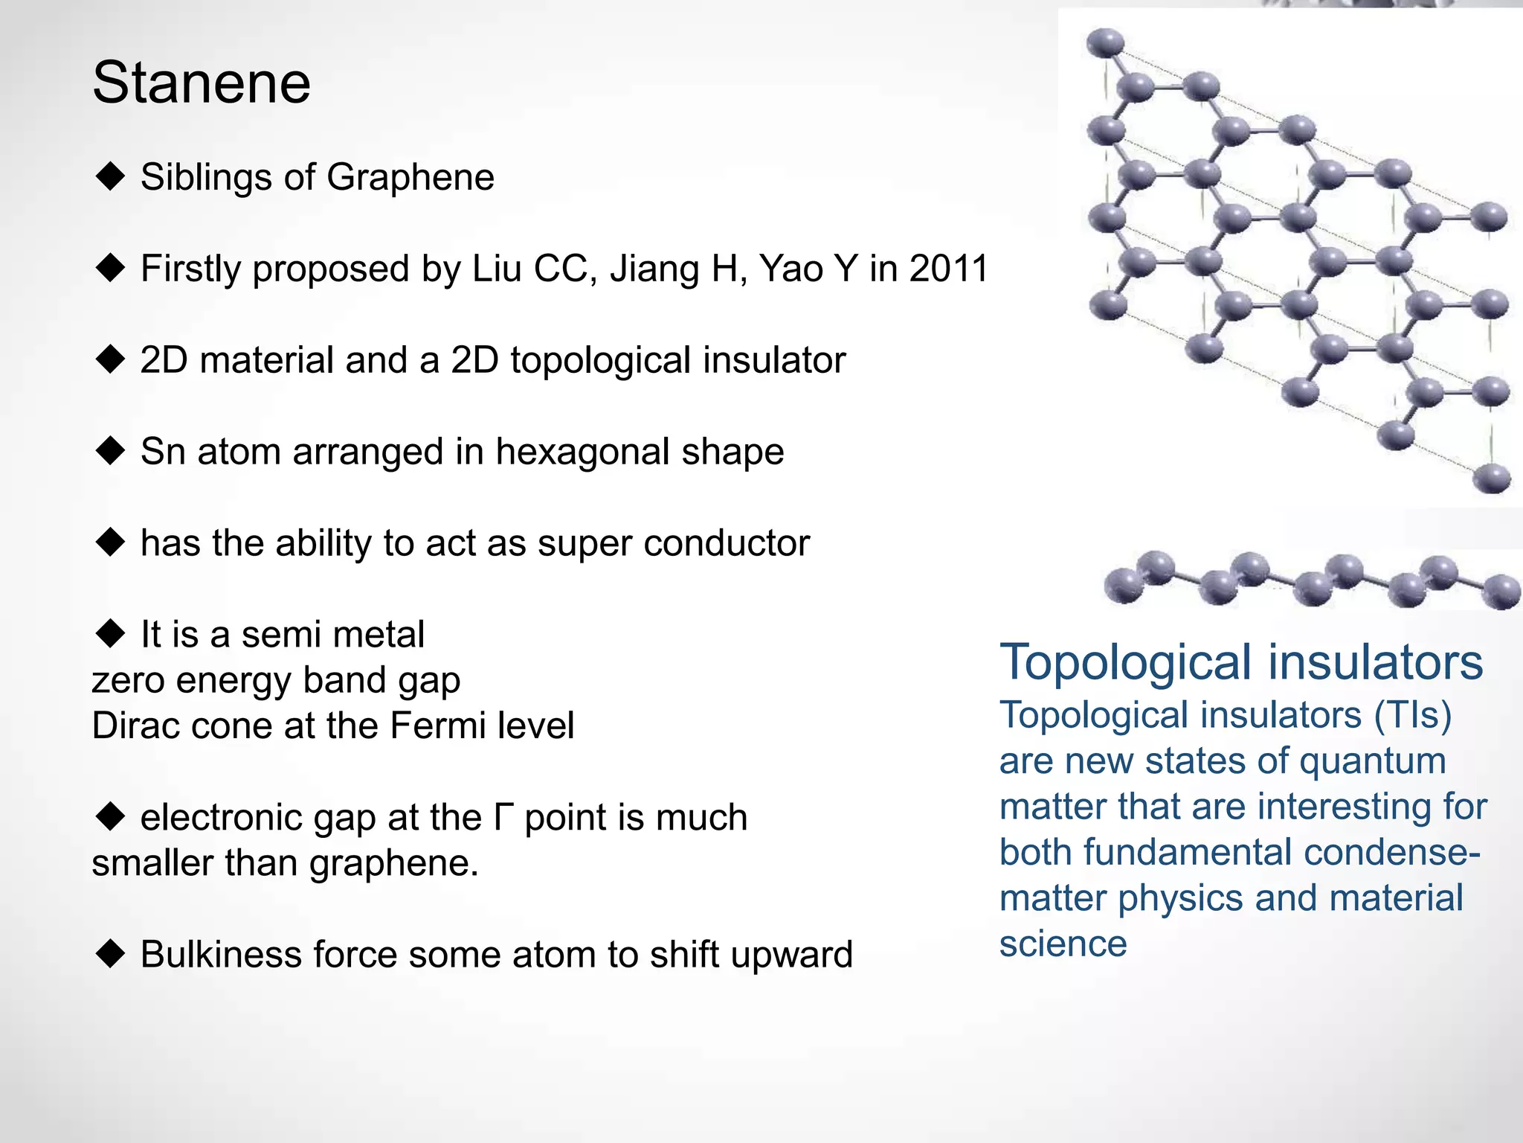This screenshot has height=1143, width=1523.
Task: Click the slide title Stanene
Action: (201, 83)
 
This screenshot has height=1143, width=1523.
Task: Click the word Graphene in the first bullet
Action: (410, 178)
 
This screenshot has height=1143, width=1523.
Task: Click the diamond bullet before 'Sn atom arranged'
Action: (110, 450)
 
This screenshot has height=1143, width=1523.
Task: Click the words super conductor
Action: (673, 543)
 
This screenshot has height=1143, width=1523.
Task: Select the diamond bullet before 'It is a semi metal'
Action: (110, 633)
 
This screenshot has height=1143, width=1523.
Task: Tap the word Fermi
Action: (437, 726)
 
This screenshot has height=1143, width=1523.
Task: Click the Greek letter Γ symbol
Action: (503, 817)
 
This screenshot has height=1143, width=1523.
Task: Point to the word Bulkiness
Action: (220, 955)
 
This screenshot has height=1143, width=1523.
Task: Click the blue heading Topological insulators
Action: (1240, 662)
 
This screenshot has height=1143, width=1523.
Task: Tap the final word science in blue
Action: (1063, 944)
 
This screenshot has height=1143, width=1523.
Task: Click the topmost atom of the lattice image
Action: (1105, 43)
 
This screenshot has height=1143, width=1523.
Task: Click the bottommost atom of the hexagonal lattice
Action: (1491, 478)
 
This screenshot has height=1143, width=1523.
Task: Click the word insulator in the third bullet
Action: (774, 360)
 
